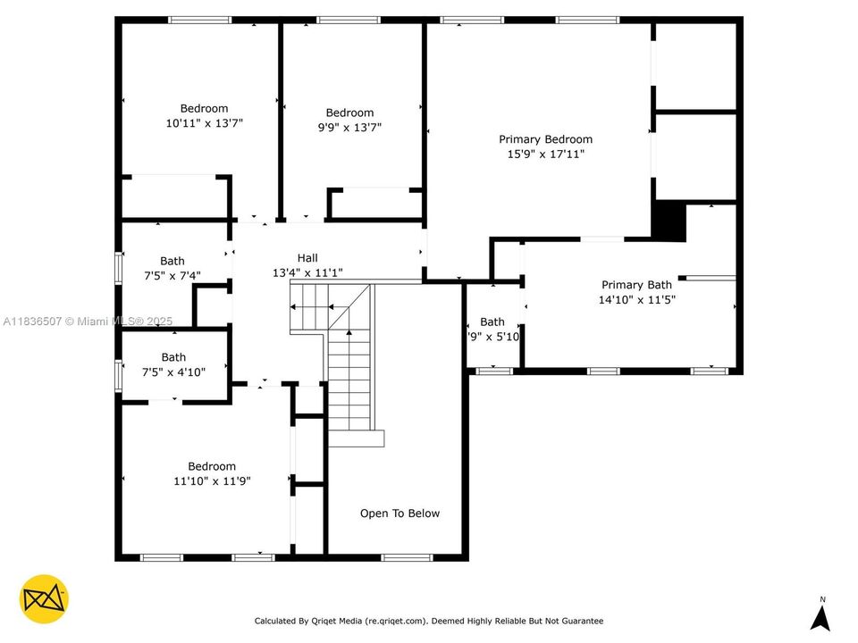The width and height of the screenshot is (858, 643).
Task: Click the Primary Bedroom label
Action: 545,139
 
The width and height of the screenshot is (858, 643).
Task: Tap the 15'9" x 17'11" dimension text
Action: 545,154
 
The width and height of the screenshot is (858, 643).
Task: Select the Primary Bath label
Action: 635,285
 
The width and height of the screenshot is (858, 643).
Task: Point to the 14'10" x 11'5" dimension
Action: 636,300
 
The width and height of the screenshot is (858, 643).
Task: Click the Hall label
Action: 307,258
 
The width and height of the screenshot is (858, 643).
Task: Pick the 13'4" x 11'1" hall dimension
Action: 307,273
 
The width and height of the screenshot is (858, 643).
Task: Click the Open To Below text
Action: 400,514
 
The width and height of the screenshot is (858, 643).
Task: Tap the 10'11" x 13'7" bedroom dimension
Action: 204,124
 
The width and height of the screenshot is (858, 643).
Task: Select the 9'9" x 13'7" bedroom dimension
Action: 349,128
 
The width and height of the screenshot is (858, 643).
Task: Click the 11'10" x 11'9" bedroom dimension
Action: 212,481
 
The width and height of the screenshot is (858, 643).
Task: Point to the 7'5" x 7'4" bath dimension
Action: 172,277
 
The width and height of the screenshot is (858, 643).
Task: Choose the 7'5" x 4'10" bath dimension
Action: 173,372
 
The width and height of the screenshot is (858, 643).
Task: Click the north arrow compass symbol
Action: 820,618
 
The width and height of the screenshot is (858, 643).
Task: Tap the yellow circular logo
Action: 44,599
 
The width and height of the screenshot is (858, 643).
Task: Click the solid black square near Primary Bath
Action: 668,221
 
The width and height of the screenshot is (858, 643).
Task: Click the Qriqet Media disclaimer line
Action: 428,621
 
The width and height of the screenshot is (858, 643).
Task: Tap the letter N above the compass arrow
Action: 821,599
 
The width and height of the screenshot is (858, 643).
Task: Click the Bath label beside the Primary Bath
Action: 492,321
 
